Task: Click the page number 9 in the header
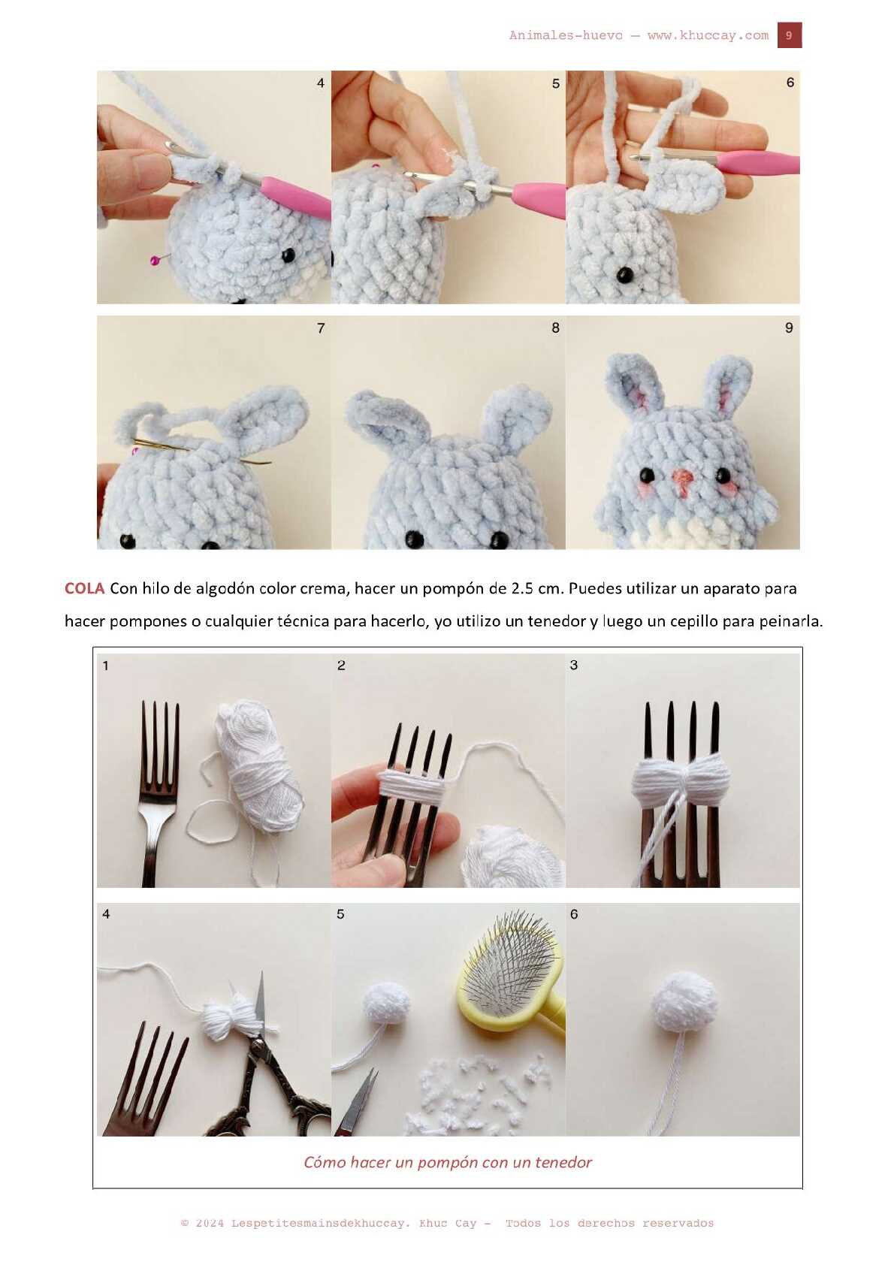click(789, 35)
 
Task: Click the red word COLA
click(84, 588)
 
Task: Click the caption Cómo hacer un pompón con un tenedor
click(447, 1161)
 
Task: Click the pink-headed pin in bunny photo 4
click(155, 260)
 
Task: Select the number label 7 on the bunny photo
click(321, 328)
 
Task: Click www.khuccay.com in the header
click(708, 35)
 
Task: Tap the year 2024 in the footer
click(210, 1223)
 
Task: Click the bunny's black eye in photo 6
click(624, 275)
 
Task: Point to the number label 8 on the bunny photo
click(555, 328)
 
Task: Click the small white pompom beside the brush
click(385, 1002)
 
